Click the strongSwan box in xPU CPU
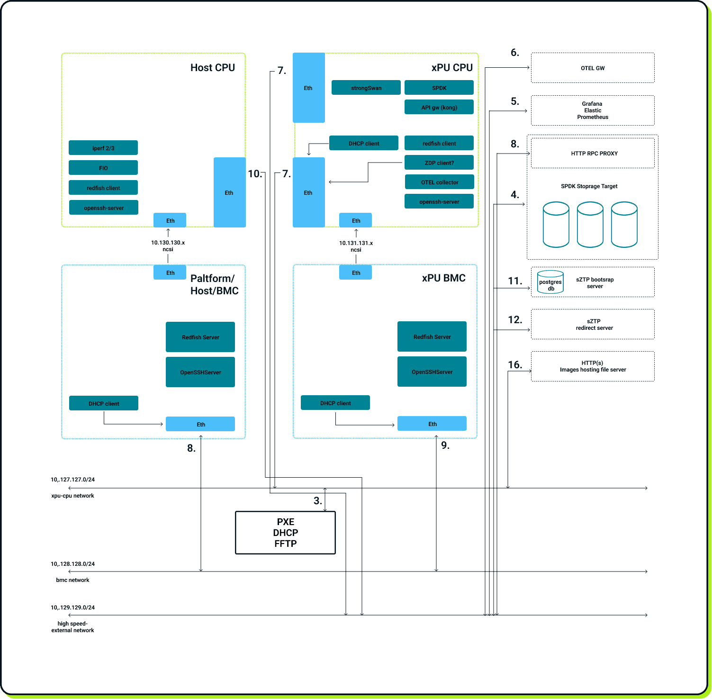[x=366, y=88]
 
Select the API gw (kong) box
[x=439, y=107]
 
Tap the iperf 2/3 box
[x=103, y=148]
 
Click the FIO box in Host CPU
[x=103, y=168]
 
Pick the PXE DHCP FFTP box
[x=285, y=533]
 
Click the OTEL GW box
[x=593, y=68]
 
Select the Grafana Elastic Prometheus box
[x=593, y=110]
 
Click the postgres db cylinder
[x=550, y=282]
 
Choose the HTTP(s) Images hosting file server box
[x=593, y=366]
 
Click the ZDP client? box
[x=439, y=163]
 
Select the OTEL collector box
[x=439, y=182]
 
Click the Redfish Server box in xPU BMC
[x=432, y=336]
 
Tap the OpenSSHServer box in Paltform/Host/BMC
[x=200, y=372]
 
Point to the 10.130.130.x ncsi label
[x=168, y=245]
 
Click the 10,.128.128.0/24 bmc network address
[x=72, y=564]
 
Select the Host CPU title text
[x=212, y=68]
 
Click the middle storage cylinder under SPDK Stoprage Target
[x=590, y=225]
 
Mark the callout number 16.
[x=515, y=364]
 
